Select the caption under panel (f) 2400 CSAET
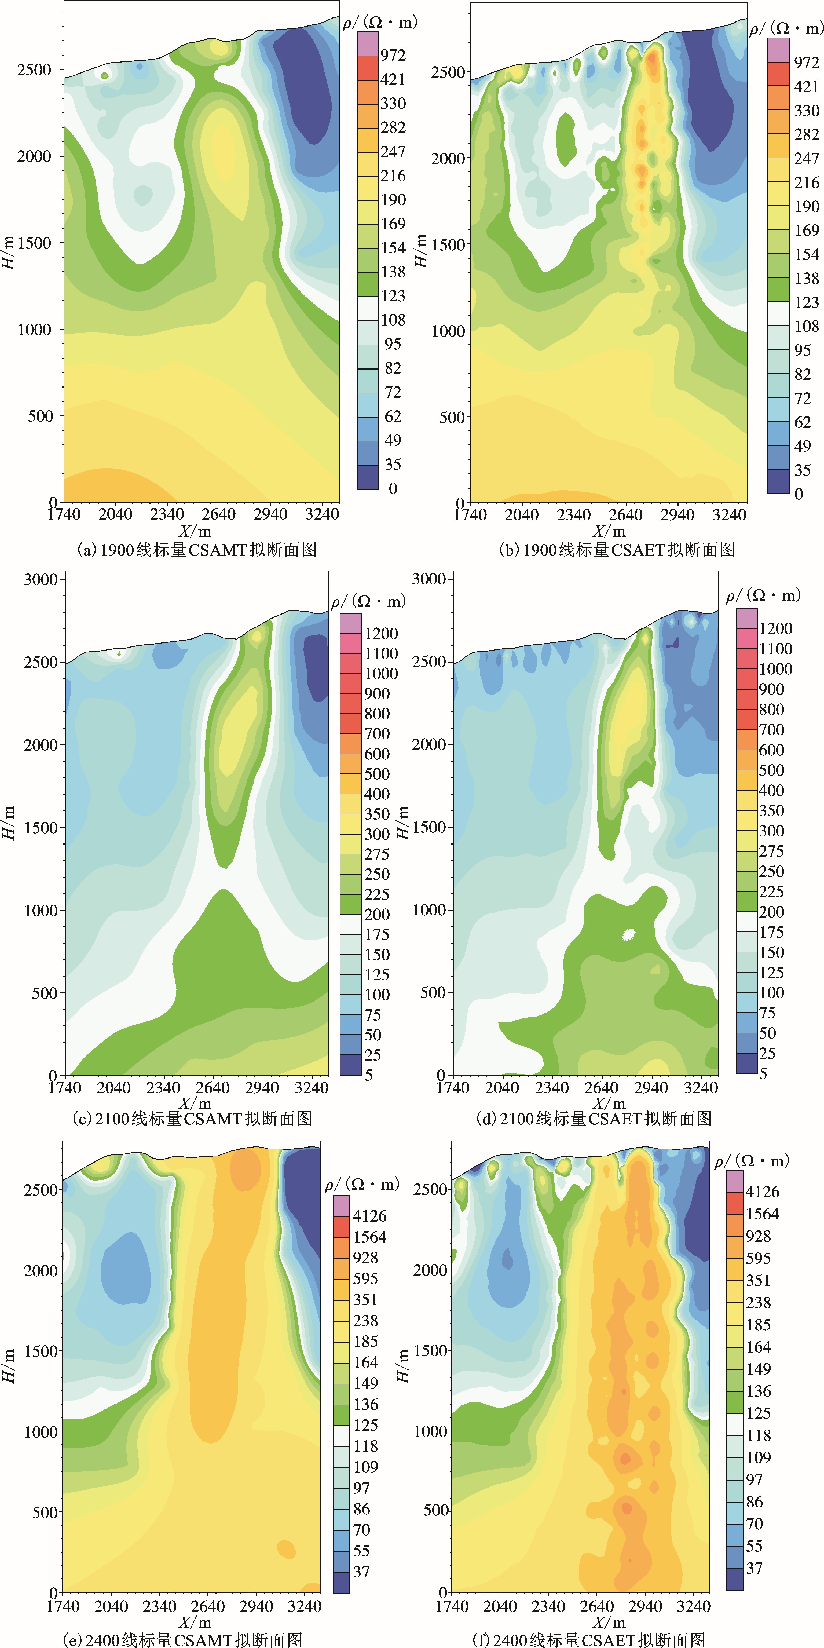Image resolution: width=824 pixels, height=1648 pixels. (589, 1639)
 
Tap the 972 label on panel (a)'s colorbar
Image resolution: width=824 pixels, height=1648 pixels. (393, 55)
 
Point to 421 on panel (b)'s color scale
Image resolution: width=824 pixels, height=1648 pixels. (806, 86)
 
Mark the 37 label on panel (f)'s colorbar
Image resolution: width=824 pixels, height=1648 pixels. (754, 1568)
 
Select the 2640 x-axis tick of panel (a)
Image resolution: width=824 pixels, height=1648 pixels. (219, 514)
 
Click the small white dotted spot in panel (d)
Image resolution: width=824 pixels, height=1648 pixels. (629, 935)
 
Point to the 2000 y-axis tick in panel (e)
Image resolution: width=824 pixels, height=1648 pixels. (41, 1270)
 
